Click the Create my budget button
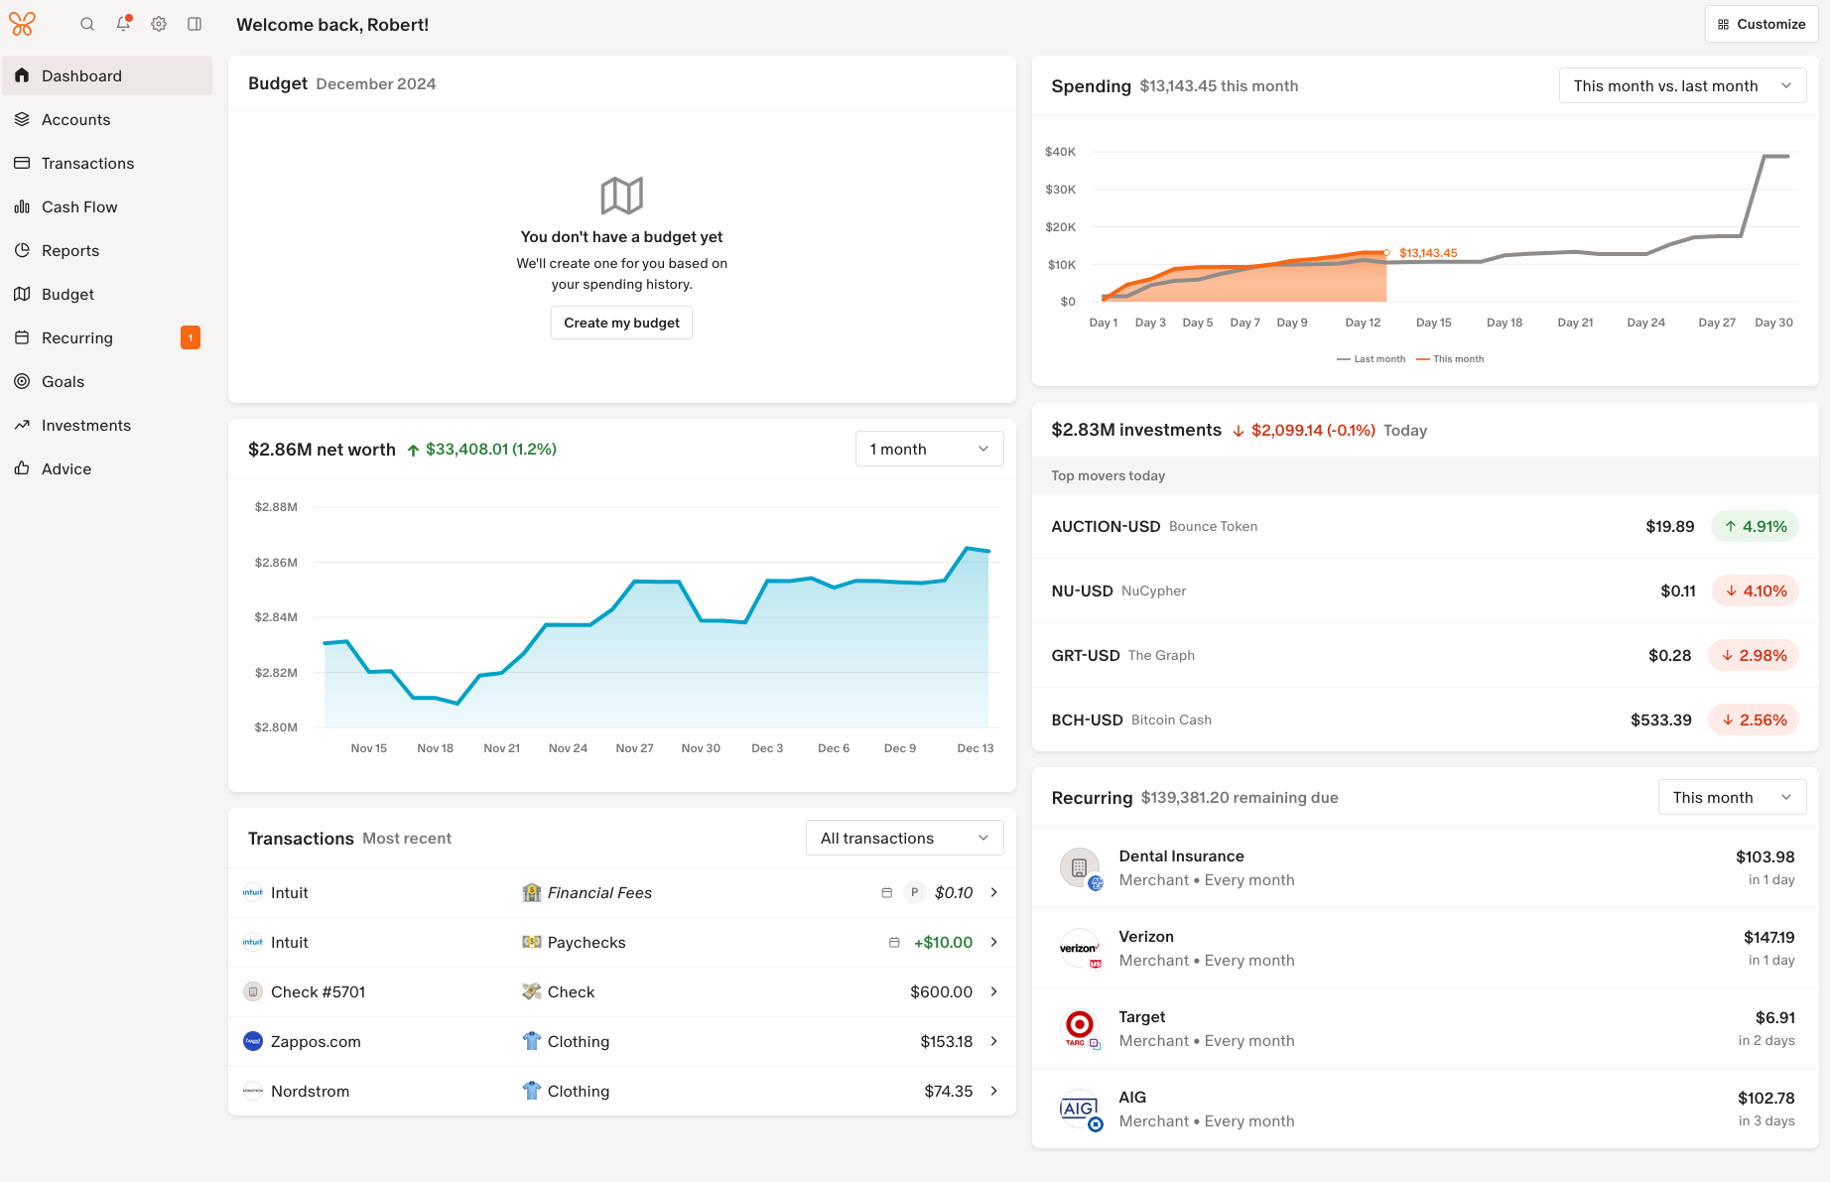(x=621, y=323)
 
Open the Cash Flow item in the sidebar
(x=79, y=206)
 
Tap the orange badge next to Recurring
(x=191, y=337)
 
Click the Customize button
(x=1762, y=24)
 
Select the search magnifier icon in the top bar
(x=87, y=24)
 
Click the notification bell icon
(x=123, y=24)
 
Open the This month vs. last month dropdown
(x=1682, y=86)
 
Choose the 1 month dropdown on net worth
(x=929, y=449)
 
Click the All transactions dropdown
(x=904, y=838)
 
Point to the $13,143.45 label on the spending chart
(x=1428, y=253)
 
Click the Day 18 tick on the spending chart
(x=1503, y=323)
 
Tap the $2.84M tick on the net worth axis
(x=276, y=617)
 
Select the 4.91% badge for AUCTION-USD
(x=1755, y=526)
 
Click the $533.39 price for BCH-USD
(x=1660, y=720)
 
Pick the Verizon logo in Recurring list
(x=1079, y=948)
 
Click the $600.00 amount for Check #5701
(x=941, y=991)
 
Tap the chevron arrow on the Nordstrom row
(x=993, y=1091)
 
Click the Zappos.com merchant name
(x=316, y=1041)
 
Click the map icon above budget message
(x=621, y=196)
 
